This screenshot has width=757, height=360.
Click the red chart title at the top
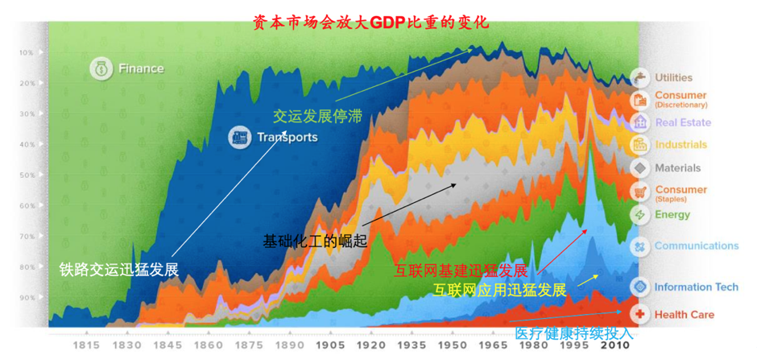(370, 22)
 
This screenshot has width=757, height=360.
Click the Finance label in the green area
(140, 68)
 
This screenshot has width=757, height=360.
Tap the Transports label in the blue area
(286, 137)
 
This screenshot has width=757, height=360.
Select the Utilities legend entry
(672, 77)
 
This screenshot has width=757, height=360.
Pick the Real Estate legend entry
(682, 122)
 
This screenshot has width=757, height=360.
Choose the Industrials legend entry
(680, 145)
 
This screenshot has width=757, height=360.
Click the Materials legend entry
(676, 168)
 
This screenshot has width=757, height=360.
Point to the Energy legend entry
(672, 215)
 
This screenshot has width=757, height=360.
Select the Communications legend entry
(695, 246)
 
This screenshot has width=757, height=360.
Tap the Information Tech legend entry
(696, 287)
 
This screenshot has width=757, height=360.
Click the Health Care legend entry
(683, 314)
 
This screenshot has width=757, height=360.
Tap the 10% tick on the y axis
(27, 53)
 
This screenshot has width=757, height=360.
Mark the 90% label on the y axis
(27, 298)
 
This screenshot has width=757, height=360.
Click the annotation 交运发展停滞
(317, 116)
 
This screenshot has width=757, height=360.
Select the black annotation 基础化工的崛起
(315, 240)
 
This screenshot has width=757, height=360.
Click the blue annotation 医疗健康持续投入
(574, 333)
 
